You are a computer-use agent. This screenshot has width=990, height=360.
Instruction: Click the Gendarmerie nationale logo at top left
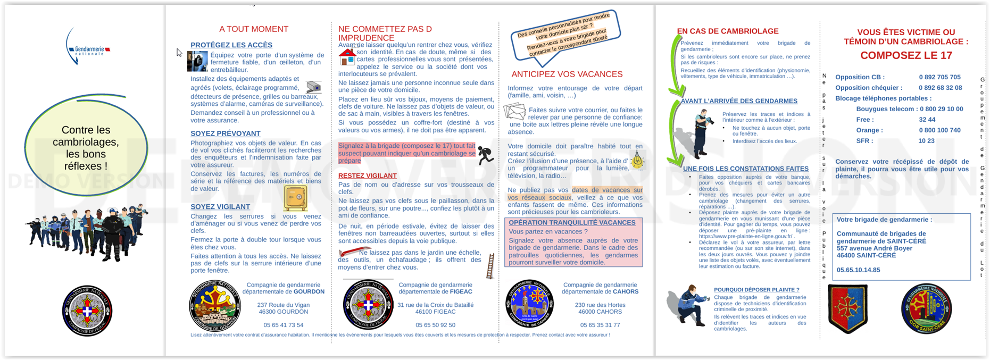click(87, 48)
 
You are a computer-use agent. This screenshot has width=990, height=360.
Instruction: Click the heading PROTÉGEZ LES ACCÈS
click(231, 45)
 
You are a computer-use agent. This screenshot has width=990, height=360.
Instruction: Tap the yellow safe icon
click(296, 197)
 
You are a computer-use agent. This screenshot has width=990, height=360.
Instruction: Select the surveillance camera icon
click(314, 87)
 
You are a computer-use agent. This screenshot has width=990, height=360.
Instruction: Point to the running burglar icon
click(485, 155)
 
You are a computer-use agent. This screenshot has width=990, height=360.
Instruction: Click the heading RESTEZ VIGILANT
click(368, 175)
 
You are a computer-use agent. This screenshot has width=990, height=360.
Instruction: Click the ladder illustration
click(490, 266)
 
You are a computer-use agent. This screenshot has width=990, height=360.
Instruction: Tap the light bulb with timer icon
click(637, 160)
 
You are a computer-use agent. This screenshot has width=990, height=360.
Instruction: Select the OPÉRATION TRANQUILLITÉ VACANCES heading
click(572, 223)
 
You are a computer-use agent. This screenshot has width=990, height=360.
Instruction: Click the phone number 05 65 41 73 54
click(283, 325)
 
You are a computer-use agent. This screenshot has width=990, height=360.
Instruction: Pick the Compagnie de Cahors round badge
click(529, 304)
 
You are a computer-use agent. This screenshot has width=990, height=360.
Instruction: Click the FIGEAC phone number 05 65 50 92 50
click(435, 325)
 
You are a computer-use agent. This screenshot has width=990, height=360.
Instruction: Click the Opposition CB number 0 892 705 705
click(939, 77)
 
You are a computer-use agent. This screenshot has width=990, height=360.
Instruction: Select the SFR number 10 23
click(926, 141)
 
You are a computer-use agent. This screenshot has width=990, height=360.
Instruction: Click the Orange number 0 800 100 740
click(939, 130)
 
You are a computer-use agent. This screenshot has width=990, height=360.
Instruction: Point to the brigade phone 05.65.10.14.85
click(858, 270)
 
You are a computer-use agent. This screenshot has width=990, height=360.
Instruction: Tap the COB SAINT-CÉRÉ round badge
click(926, 308)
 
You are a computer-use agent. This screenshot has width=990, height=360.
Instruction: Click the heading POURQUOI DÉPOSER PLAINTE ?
click(756, 290)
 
